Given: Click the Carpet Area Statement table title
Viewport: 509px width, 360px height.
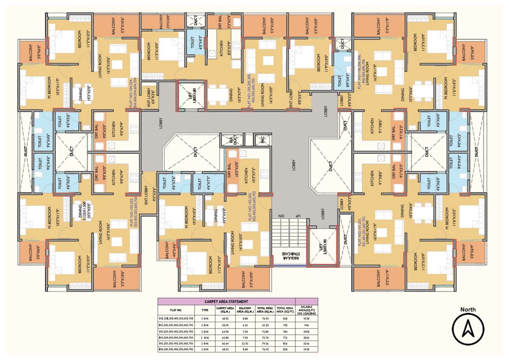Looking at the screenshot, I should point(226,301).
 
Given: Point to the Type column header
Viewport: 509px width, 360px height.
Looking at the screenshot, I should point(205,310).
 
